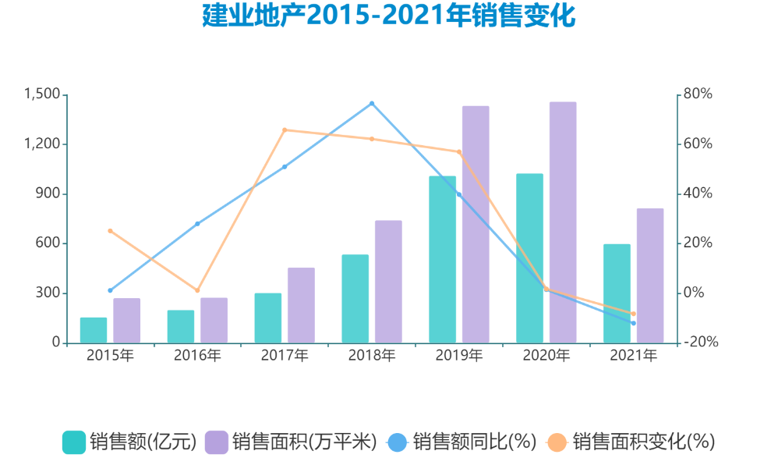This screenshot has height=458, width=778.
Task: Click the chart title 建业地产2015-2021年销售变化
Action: (x=388, y=16)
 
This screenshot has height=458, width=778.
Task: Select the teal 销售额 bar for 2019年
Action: (x=442, y=260)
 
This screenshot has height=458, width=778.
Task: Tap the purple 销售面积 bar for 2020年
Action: (x=563, y=222)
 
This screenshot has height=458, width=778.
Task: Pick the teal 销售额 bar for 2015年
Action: (x=94, y=330)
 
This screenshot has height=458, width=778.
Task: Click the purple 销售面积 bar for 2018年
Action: (x=388, y=282)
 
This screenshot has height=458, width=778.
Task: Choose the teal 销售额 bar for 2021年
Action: (x=617, y=293)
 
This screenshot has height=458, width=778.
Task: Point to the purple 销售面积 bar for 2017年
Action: (x=301, y=305)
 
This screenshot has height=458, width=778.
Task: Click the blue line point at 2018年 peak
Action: (x=372, y=103)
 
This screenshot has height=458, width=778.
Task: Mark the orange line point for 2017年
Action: (x=285, y=130)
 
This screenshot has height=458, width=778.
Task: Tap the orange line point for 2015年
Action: (x=110, y=231)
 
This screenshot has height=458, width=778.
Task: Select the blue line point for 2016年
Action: (x=197, y=224)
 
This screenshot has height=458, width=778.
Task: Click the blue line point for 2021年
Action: (x=634, y=323)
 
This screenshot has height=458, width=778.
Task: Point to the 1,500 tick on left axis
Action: (x=42, y=94)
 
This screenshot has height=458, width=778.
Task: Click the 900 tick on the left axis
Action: (x=49, y=193)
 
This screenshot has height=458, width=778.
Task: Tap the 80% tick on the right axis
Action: (x=698, y=94)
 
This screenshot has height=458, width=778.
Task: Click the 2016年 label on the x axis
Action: (x=197, y=356)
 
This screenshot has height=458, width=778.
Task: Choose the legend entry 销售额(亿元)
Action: (x=129, y=442)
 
